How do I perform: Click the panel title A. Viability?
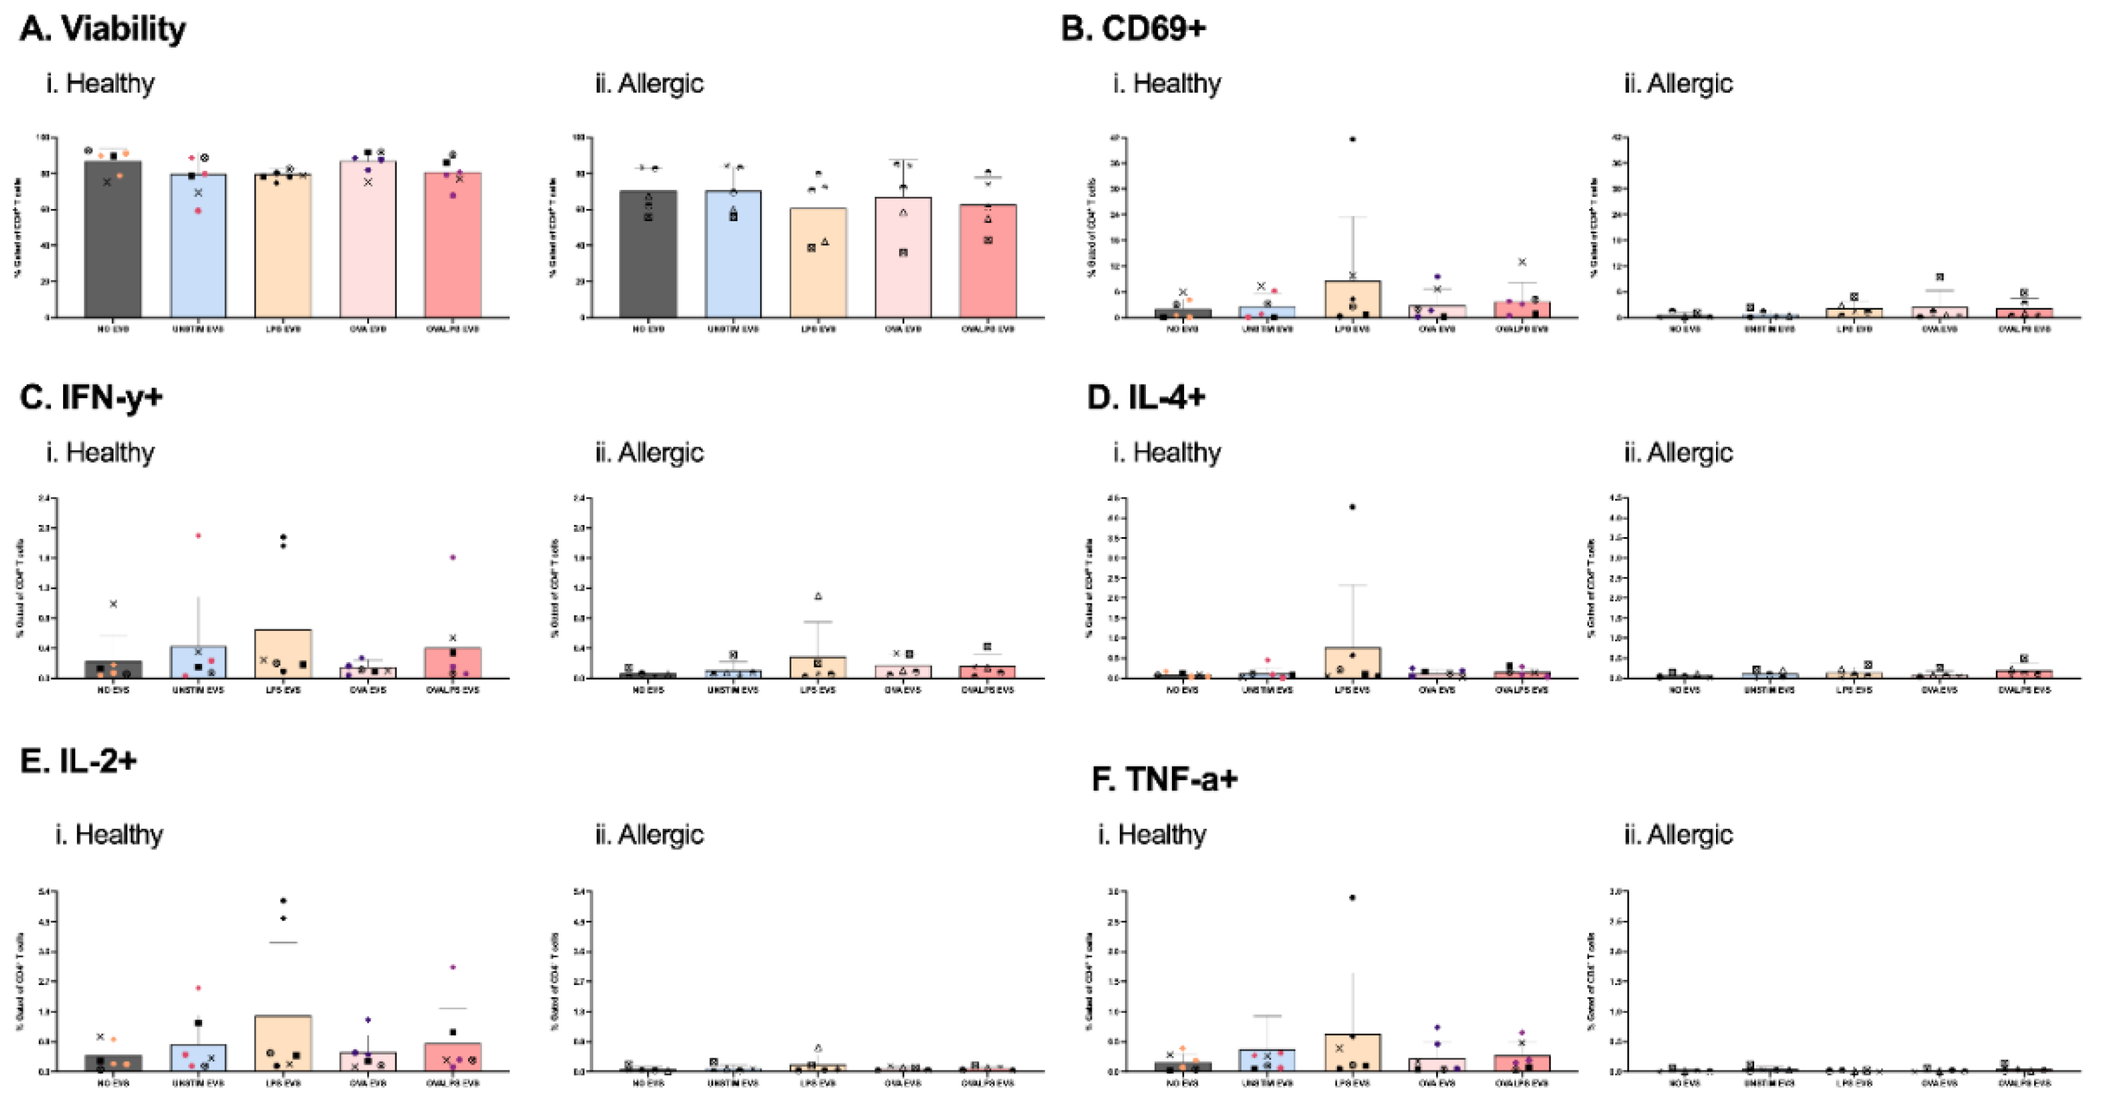(102, 29)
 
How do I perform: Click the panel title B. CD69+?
(1132, 29)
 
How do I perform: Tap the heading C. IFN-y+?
(91, 398)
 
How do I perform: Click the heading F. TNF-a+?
(1164, 779)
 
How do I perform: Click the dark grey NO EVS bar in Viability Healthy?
(113, 245)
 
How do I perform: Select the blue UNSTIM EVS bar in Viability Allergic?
(733, 261)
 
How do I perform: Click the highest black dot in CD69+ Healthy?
(1352, 140)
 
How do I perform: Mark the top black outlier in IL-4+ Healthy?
(1352, 508)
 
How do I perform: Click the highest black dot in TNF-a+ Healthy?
(1352, 898)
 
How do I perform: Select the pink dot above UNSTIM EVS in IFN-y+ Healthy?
(198, 536)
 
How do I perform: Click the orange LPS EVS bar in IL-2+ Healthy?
(282, 1049)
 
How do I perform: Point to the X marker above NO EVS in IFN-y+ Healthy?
(114, 604)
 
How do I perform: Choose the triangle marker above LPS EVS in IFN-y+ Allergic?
(818, 596)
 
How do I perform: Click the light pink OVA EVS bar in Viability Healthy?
(367, 245)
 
